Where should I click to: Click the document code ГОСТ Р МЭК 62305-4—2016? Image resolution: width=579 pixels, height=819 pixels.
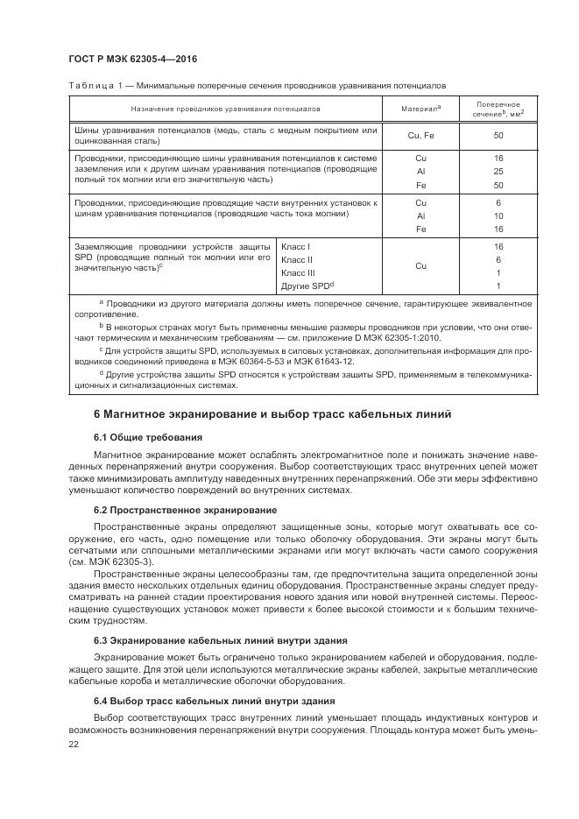131,59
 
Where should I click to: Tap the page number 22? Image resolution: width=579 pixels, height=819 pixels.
74,743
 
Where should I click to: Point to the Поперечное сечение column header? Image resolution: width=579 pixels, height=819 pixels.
498,109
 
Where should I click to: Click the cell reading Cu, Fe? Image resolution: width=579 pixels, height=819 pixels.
420,136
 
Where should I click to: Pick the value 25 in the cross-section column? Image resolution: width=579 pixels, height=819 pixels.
498,172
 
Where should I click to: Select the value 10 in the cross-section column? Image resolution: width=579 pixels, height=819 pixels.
498,215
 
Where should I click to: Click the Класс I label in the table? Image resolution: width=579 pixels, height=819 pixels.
295,248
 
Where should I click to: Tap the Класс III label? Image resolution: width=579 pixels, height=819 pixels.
298,273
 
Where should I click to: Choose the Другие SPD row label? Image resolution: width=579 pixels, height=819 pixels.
307,286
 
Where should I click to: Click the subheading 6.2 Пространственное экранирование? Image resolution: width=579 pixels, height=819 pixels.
185,509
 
